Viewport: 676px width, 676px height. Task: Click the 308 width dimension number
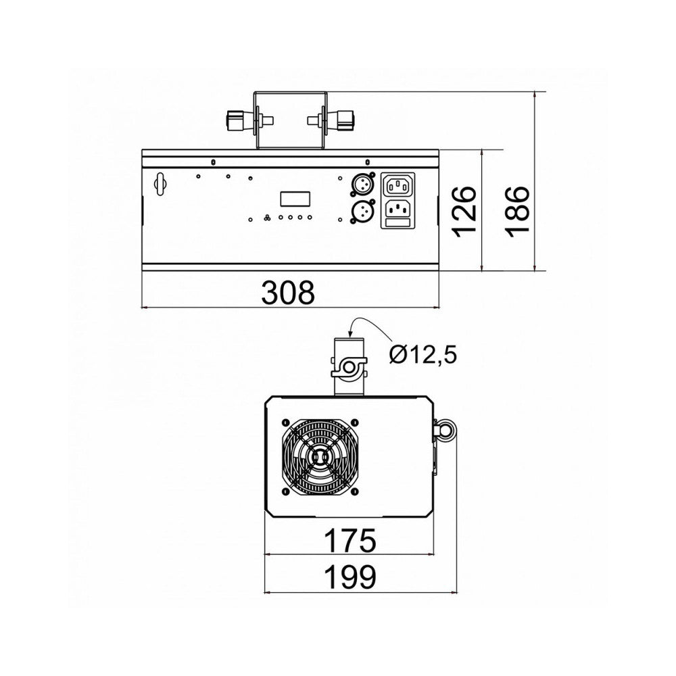point(288,292)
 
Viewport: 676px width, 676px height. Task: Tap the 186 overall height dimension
point(517,212)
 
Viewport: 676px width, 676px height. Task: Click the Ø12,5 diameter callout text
point(422,356)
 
